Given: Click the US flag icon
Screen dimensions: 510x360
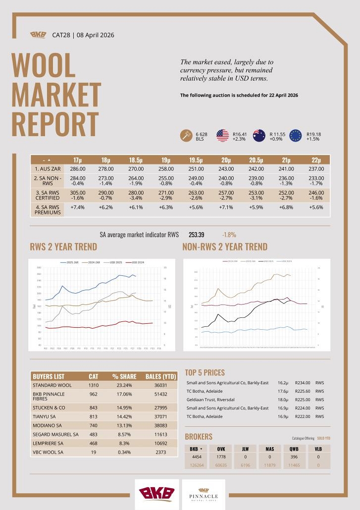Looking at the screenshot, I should (x=222, y=136).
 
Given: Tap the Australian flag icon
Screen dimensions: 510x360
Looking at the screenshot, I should (x=259, y=136).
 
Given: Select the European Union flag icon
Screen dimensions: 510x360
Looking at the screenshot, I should (x=296, y=136).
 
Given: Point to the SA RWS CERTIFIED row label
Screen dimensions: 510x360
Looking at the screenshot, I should (x=47, y=195).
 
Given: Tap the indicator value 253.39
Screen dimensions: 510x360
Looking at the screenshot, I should (x=197, y=235).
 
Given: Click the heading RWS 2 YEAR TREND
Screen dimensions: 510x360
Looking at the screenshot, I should (x=64, y=247).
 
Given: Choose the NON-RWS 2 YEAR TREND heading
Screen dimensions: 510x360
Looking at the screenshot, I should (x=225, y=247).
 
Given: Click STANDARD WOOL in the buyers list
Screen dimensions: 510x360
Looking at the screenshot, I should (x=52, y=385).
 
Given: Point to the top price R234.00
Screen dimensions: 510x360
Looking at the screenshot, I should (x=302, y=383).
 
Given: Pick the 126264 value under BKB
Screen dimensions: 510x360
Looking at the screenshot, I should (x=194, y=465).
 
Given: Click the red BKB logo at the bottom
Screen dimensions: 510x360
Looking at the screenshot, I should (x=156, y=494).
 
